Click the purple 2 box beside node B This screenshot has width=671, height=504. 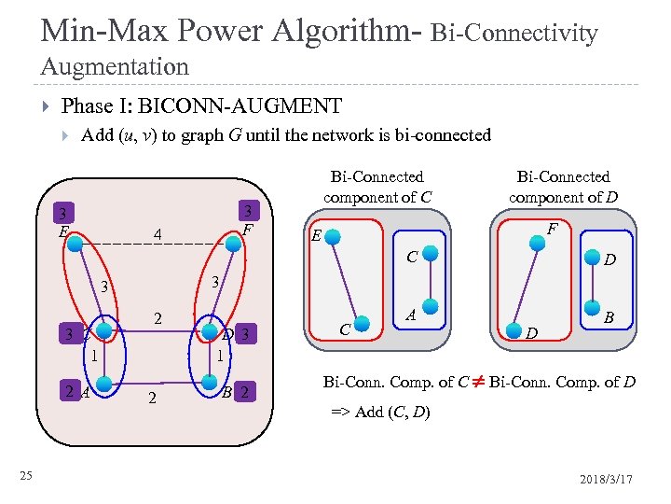(x=244, y=392)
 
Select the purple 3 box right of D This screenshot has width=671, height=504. (x=244, y=334)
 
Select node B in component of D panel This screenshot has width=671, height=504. (x=589, y=305)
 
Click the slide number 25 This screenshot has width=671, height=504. (x=27, y=477)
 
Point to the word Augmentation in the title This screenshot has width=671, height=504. (x=115, y=66)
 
